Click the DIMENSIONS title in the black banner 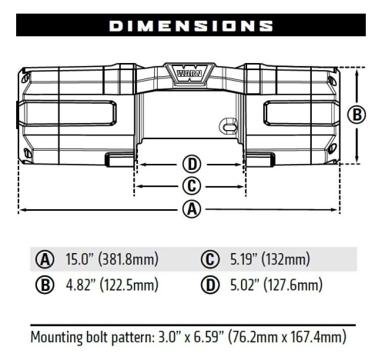(192, 25)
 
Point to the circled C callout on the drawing (192, 185)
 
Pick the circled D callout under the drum (192, 164)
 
